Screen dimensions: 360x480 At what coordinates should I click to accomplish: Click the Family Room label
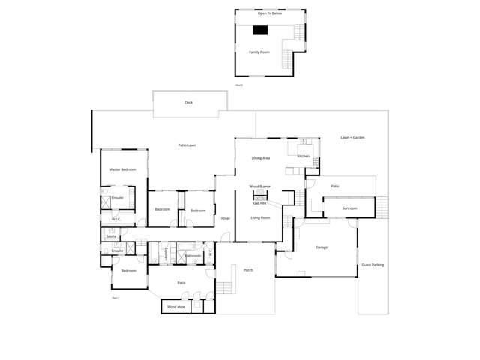(259, 52)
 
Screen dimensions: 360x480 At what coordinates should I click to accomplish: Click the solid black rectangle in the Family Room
(260, 30)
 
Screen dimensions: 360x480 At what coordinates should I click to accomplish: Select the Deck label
(189, 102)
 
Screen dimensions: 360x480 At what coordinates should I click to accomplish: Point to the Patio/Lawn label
(187, 145)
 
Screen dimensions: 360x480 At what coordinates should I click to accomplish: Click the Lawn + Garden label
(352, 138)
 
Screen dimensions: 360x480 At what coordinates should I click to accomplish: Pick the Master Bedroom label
(122, 169)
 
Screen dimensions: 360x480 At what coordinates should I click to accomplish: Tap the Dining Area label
(261, 158)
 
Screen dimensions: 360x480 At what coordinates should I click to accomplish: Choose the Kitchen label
(304, 156)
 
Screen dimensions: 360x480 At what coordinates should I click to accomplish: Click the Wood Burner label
(260, 186)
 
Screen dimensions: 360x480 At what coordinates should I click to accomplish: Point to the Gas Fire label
(260, 203)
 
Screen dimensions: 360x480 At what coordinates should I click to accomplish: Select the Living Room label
(260, 217)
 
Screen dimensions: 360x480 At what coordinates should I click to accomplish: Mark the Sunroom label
(349, 208)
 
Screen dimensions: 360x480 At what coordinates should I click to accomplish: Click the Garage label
(322, 247)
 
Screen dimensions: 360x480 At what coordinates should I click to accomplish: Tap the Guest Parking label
(373, 264)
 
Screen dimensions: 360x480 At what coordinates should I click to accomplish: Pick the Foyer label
(225, 218)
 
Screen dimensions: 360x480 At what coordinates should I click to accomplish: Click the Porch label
(248, 270)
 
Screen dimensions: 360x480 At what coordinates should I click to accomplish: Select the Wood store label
(175, 307)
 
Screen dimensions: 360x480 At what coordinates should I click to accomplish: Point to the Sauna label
(111, 236)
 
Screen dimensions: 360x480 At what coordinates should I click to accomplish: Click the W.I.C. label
(116, 219)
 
